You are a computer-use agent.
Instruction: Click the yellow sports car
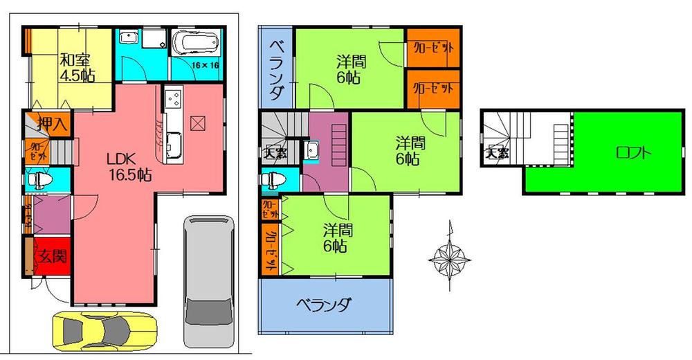104,328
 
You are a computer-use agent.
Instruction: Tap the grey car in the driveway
208,280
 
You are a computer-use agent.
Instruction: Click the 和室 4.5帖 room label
76,66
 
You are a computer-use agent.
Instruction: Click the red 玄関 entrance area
51,257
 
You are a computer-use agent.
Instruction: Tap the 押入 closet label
53,125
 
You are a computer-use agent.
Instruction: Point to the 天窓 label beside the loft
495,153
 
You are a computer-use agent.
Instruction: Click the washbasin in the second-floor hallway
313,149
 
